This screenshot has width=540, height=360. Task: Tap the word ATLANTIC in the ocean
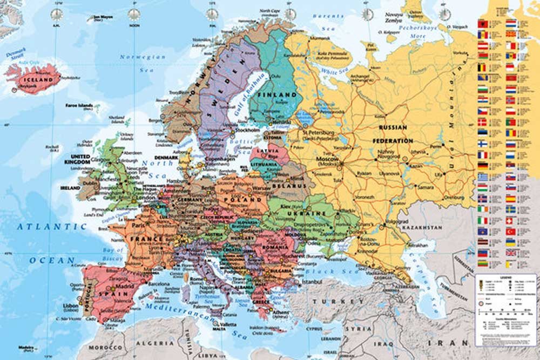pos(52,227)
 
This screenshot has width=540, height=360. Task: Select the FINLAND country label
pos(278,95)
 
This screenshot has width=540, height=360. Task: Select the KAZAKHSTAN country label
pos(436,229)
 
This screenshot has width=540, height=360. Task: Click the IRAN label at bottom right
pos(449,343)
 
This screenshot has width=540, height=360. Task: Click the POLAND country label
pos(247,199)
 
